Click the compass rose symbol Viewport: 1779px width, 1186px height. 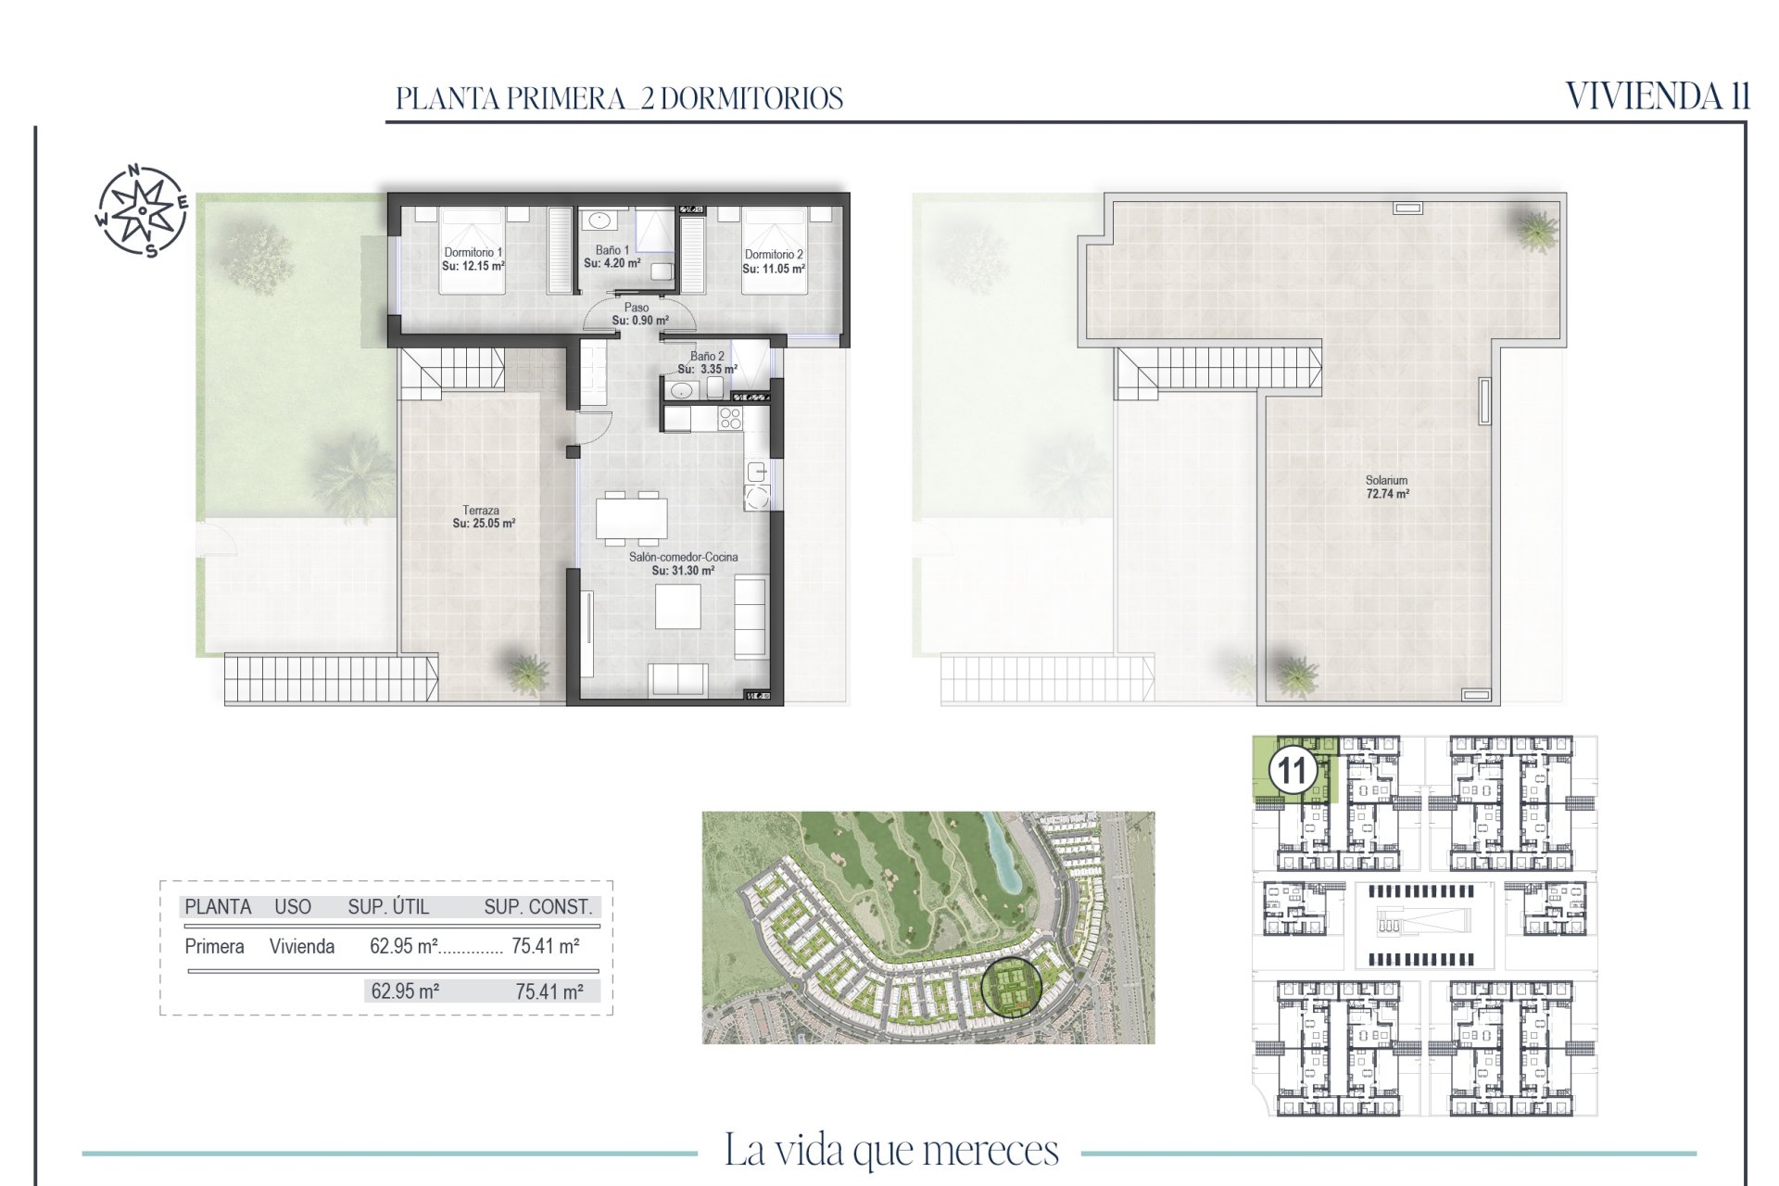(142, 210)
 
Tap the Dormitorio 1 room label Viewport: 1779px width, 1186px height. (473, 259)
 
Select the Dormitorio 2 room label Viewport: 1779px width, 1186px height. (774, 261)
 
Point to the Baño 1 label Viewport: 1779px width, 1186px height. (612, 257)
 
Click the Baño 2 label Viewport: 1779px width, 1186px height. (707, 362)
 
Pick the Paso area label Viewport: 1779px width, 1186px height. (639, 314)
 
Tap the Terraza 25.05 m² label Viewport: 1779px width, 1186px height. (484, 517)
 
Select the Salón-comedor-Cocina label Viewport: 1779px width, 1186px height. (684, 563)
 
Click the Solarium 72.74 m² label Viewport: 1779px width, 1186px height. (1387, 487)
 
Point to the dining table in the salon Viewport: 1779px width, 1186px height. (632, 518)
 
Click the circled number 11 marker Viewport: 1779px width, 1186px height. (1293, 770)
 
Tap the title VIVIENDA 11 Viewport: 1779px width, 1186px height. (1658, 95)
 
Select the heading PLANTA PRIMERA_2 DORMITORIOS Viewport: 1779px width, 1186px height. (619, 98)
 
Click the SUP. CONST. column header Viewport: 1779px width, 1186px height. (537, 907)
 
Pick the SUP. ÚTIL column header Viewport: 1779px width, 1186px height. (388, 907)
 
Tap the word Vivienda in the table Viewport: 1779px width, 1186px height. (302, 946)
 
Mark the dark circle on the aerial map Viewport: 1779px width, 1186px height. (1011, 987)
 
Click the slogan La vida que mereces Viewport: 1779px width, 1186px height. (890, 1151)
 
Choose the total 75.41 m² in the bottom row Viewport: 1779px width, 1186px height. (549, 991)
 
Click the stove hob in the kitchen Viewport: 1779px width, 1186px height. (730, 419)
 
